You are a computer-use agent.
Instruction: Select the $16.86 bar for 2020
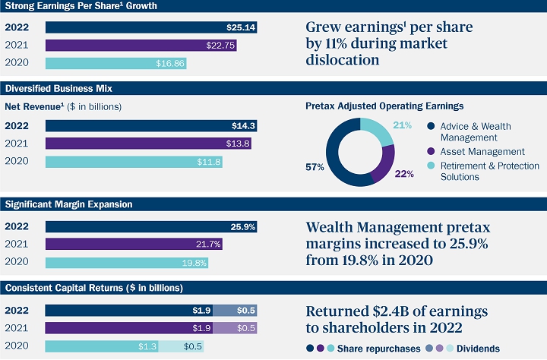pyautogui.click(x=115, y=64)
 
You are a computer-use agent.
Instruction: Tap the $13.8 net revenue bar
pyautogui.click(x=148, y=144)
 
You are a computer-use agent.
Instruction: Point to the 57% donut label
pyautogui.click(x=313, y=166)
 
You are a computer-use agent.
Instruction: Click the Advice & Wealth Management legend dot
pyautogui.click(x=431, y=126)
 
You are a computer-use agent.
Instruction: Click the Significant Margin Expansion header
pyautogui.click(x=69, y=204)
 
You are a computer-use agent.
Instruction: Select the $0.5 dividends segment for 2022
pyautogui.click(x=235, y=310)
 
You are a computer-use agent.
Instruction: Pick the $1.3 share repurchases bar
pyautogui.click(x=101, y=346)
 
